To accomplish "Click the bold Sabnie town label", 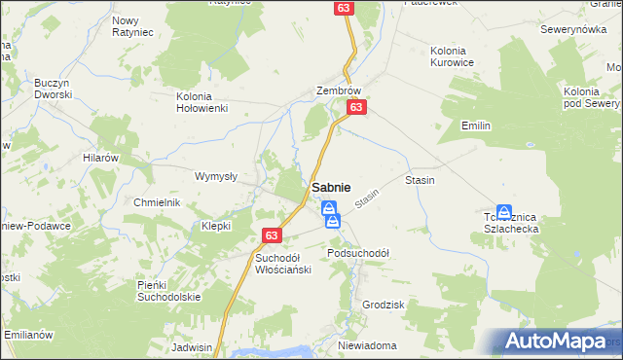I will point(332,187).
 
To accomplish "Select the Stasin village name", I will point(420,180).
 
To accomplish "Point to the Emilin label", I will point(476,126).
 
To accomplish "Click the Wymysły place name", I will point(216,176).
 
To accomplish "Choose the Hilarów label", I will point(100,157).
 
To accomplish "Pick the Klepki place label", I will point(215,225).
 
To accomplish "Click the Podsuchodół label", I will point(358,253).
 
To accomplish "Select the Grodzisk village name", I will point(383,305).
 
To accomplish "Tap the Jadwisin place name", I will point(191,346).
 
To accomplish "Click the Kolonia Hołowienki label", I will point(202,102).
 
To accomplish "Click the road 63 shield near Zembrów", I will point(357,107).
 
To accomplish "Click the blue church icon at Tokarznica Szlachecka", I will point(504,211).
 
